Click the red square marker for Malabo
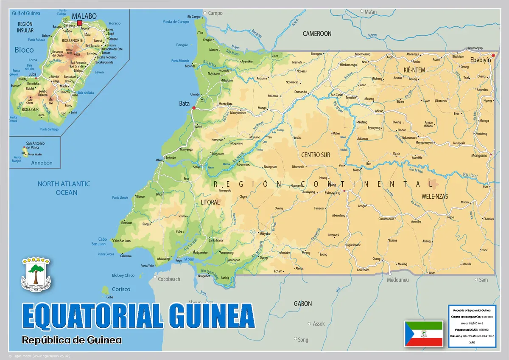coord(79,23)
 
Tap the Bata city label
coord(185,103)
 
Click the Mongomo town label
coord(479,155)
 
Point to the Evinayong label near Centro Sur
coord(333,193)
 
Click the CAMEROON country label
coord(317,34)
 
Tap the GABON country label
coord(303,304)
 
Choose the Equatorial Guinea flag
coord(423,334)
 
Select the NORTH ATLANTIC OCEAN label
coord(64,188)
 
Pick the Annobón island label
coord(42,163)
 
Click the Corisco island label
coord(121,289)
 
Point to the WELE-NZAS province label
coord(435,196)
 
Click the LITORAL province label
coord(210,202)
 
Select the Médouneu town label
coord(398,280)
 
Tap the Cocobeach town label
coord(169,279)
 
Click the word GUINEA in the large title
coord(211,316)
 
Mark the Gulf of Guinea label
coord(26,13)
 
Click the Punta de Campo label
coord(176,22)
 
